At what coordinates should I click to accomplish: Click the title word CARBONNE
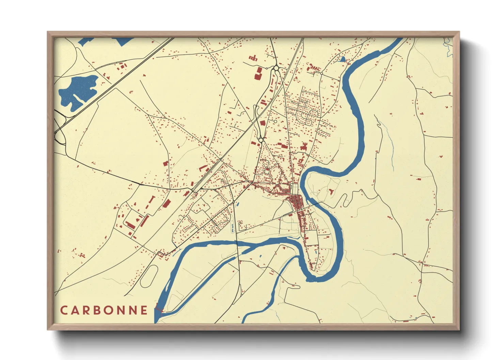[104, 310]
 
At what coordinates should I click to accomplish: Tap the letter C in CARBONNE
[64, 310]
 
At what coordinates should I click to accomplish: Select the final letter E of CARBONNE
[144, 310]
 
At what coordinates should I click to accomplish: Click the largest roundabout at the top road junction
[275, 68]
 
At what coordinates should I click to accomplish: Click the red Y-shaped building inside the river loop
[331, 192]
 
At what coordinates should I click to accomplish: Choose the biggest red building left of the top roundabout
[258, 73]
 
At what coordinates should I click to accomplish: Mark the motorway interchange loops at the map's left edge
[60, 131]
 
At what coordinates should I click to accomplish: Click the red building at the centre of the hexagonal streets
[267, 169]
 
